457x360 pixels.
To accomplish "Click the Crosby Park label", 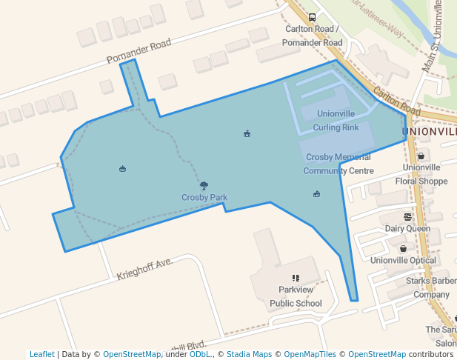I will [204, 198].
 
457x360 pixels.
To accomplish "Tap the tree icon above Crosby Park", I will [204, 186].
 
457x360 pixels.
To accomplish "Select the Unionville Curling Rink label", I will [336, 121].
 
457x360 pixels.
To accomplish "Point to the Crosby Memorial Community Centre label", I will [338, 164].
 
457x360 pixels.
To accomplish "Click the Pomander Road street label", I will [139, 52].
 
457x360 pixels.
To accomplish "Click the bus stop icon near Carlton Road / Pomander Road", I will [312, 17].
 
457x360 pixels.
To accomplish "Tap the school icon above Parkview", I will [296, 278].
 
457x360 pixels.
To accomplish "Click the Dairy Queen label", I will [407, 229].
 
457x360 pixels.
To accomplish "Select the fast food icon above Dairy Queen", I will [407, 217].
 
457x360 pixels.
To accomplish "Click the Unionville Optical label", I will [403, 261].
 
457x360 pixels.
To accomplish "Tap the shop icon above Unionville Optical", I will [403, 249].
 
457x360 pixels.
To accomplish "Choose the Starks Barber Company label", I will [431, 288].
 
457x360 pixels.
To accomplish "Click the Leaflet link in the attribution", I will [42, 354].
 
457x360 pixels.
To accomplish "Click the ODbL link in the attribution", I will [199, 354].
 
